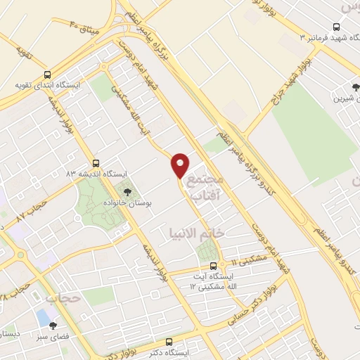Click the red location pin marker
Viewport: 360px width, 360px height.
coord(180,165)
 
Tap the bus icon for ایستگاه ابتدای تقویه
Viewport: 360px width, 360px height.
coord(47,74)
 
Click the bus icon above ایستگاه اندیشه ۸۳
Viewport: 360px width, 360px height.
coord(96,162)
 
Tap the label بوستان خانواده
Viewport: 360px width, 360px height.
coord(149,200)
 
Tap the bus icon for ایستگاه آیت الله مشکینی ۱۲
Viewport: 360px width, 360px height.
coord(214,265)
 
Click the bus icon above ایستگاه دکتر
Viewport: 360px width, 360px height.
coord(167,340)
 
